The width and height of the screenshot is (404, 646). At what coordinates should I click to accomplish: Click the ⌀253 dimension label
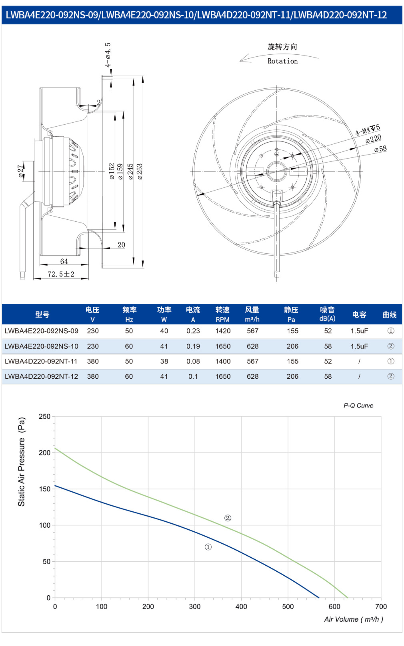click(140, 172)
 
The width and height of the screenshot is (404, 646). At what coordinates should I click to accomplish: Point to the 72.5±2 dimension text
click(61, 274)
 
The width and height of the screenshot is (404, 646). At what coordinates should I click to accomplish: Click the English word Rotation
click(282, 61)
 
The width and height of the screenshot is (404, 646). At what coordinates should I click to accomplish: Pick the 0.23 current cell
click(193, 331)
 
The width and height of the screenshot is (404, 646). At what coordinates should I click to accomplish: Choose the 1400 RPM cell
click(223, 362)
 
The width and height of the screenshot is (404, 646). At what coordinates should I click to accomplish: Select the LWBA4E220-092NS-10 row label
click(41, 346)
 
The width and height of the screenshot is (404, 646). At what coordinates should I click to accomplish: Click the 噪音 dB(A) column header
click(327, 314)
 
